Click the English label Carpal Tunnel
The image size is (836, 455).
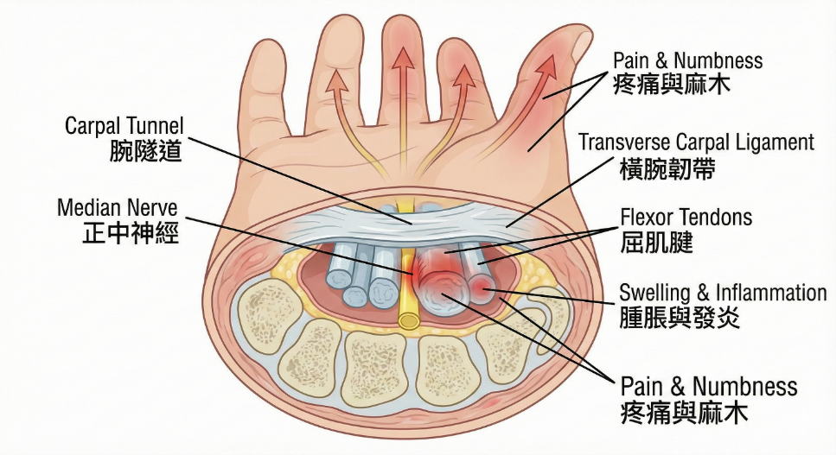click(124, 127)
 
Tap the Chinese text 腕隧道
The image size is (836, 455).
click(146, 151)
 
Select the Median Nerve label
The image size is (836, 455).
click(117, 208)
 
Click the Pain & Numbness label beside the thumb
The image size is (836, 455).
click(687, 60)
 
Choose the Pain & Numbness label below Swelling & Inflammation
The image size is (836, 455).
click(709, 385)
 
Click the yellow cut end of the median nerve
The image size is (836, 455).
click(409, 320)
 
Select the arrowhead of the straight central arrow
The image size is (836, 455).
click(401, 57)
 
